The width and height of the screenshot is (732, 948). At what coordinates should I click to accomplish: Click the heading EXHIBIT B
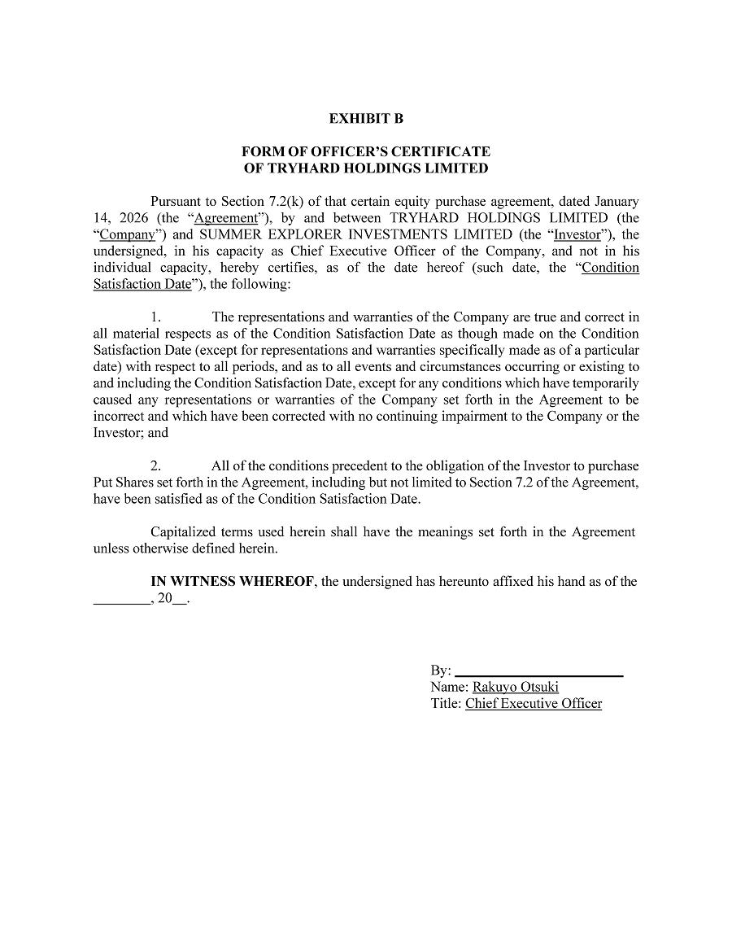coord(366,119)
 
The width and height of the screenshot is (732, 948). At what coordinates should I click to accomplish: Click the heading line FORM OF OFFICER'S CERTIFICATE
coord(366,151)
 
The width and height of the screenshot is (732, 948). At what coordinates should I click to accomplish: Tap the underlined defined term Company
coord(127,234)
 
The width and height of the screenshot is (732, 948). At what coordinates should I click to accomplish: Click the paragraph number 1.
coord(156,317)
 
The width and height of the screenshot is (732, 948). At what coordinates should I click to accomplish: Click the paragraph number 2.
coord(156,466)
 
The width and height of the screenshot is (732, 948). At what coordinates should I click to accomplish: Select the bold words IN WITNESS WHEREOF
coord(232,582)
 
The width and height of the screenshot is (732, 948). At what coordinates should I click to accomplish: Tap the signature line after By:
coord(538,672)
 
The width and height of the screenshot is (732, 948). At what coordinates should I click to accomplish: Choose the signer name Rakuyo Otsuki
coord(515,688)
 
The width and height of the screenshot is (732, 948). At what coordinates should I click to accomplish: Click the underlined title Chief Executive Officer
coord(533,704)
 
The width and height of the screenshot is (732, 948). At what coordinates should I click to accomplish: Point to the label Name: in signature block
coord(449,688)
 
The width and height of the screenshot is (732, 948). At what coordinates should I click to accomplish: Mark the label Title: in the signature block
coord(446,704)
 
